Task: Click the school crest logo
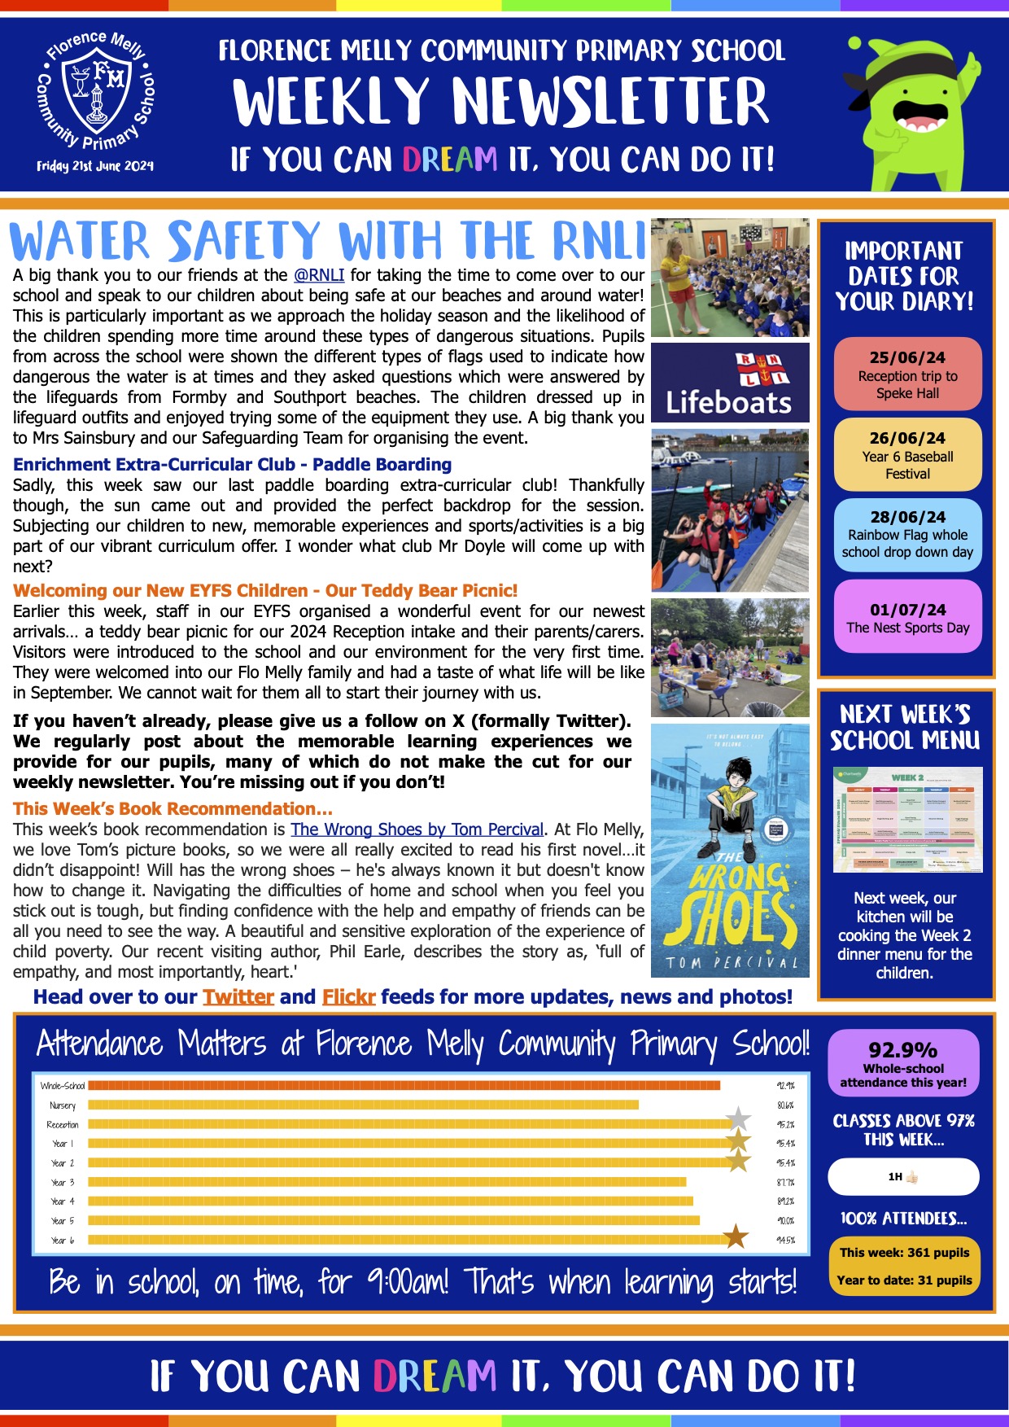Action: click(x=96, y=94)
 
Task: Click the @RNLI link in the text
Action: click(x=319, y=275)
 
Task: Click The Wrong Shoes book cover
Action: click(x=730, y=850)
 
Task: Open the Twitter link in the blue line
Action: click(x=238, y=997)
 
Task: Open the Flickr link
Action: click(x=348, y=997)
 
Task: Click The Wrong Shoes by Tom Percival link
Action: click(x=417, y=829)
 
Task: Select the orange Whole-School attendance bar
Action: click(x=404, y=1085)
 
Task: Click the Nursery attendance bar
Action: click(x=363, y=1105)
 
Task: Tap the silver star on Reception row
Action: click(x=738, y=1119)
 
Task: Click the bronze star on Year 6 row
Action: click(x=736, y=1237)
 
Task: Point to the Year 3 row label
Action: click(x=63, y=1182)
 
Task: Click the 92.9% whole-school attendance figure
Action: click(x=903, y=1050)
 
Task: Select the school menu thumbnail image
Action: click(x=907, y=819)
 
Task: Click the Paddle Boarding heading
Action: click(x=232, y=465)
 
